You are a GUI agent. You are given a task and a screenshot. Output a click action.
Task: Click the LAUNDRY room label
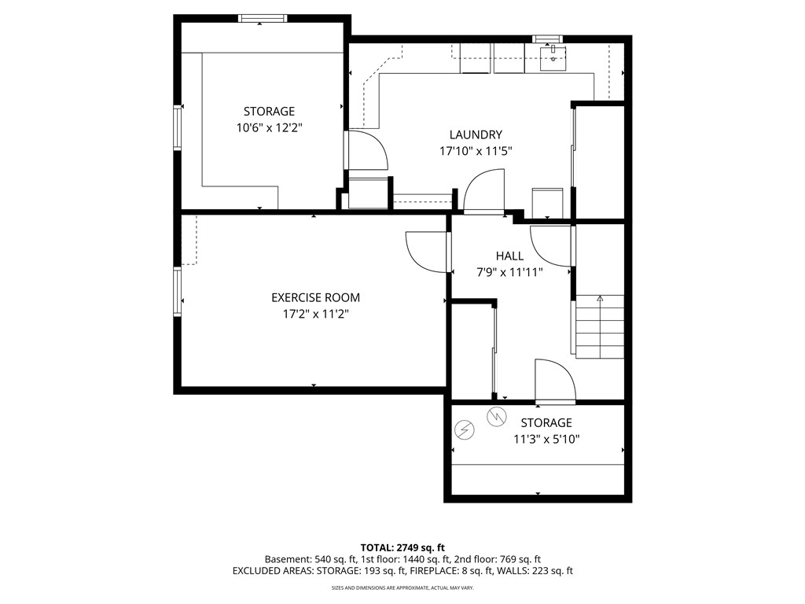click(476, 134)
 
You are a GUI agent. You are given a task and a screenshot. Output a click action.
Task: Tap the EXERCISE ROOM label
click(315, 297)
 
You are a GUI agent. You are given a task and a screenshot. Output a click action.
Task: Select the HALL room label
click(509, 256)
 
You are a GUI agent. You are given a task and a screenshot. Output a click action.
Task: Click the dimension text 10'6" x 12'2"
click(268, 127)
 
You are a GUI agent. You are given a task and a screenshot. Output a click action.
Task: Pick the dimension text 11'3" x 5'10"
click(546, 440)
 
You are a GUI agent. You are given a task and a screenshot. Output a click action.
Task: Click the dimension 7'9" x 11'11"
click(509, 272)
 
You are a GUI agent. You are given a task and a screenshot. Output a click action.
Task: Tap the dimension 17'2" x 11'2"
click(315, 314)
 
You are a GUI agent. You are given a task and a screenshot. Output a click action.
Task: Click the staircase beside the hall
click(600, 326)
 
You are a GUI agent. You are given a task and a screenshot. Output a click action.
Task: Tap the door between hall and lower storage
click(555, 382)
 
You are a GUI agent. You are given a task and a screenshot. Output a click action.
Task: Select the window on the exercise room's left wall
click(178, 293)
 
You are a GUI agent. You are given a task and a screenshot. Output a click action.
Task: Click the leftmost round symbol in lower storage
click(465, 429)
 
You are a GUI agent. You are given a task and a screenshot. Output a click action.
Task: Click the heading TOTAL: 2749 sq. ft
click(402, 547)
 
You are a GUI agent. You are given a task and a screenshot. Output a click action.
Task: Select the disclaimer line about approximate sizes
click(402, 587)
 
